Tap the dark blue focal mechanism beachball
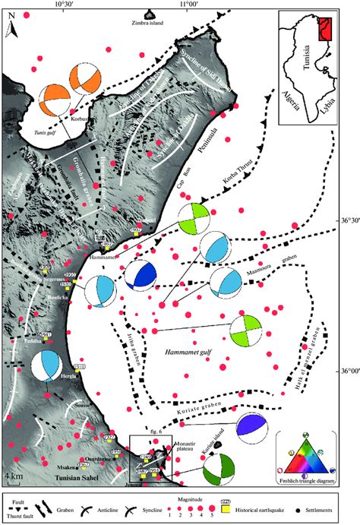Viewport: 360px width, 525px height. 140,275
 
